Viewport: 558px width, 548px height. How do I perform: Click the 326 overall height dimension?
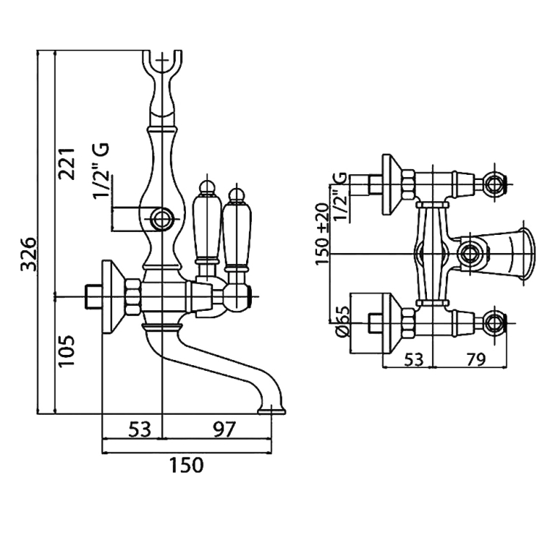tap(29, 253)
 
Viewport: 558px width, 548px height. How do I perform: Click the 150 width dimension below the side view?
tap(186, 465)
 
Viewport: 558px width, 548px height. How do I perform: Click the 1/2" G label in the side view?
tap(101, 170)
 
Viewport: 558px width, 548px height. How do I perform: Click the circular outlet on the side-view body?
tap(162, 217)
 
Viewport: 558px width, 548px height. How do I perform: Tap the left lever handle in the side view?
tap(207, 227)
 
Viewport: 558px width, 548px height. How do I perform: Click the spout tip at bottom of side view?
tap(274, 410)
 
